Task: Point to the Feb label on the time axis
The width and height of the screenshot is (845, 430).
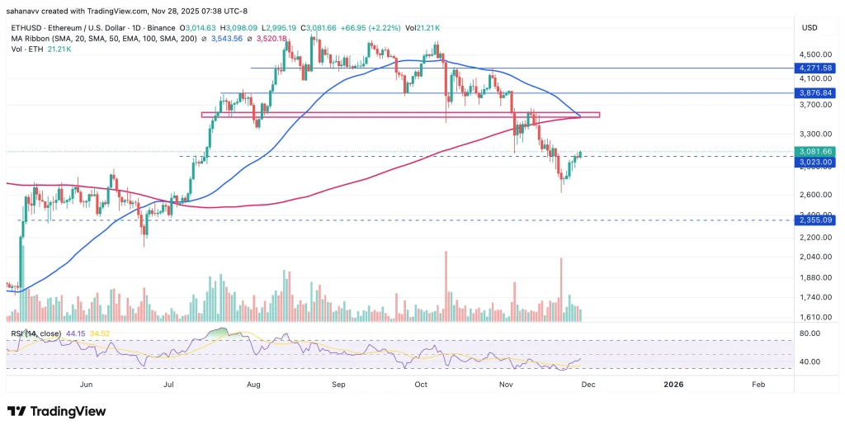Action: (758, 383)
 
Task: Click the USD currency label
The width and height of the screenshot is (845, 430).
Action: (809, 26)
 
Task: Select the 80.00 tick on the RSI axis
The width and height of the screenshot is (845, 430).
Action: (810, 333)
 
